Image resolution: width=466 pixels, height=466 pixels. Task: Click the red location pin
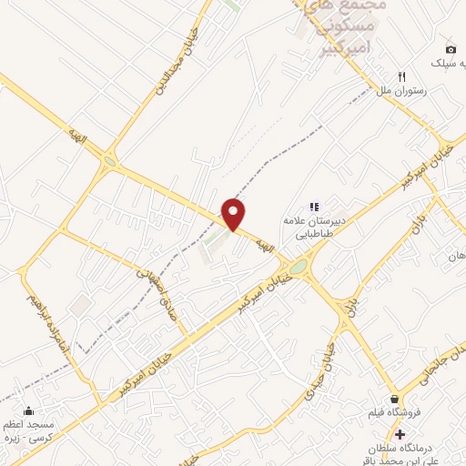[x=235, y=213]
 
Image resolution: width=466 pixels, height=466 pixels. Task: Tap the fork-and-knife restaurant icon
[x=400, y=76]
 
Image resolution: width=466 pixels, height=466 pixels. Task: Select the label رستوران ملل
[x=396, y=92]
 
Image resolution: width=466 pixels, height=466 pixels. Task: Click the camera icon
[x=451, y=49]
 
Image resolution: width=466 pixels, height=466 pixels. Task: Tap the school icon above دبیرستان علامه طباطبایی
[x=313, y=207]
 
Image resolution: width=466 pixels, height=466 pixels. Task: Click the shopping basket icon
[x=394, y=399]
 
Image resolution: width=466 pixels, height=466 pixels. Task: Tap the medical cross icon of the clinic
[x=399, y=433]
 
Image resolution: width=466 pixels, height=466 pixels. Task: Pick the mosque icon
[x=28, y=410]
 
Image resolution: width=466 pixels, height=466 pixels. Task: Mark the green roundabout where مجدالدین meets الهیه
[x=110, y=163]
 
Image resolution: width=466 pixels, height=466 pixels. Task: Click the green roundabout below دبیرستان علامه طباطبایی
[x=299, y=267]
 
